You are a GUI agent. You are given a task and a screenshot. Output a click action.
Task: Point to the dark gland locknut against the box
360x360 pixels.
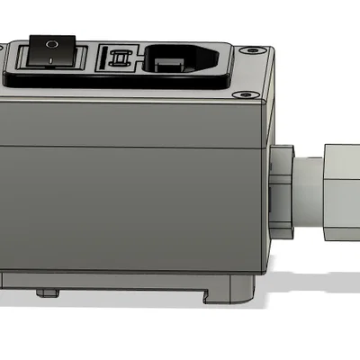tap(282, 188)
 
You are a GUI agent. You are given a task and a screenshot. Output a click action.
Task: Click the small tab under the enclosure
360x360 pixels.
tap(46, 292)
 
